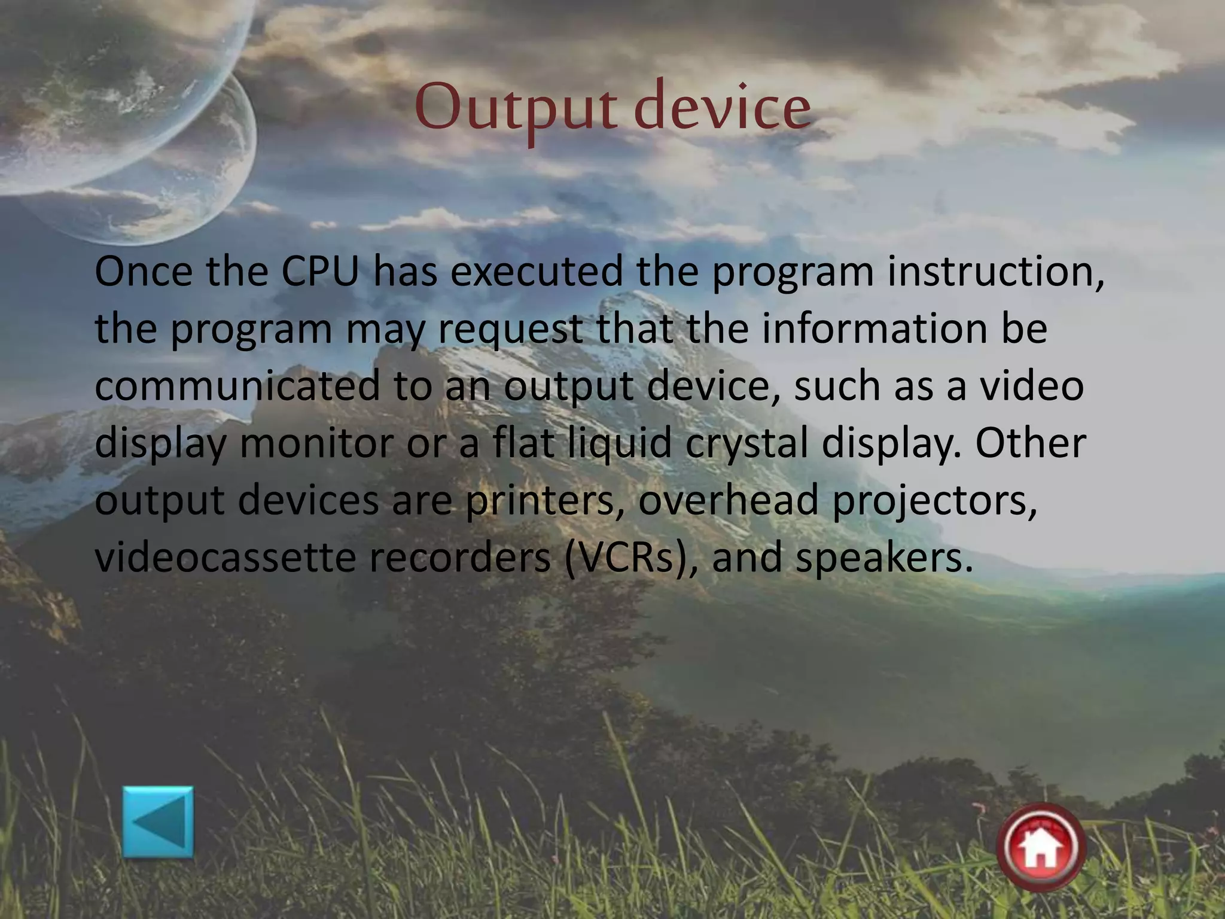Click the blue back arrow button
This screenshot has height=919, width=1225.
click(158, 821)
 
